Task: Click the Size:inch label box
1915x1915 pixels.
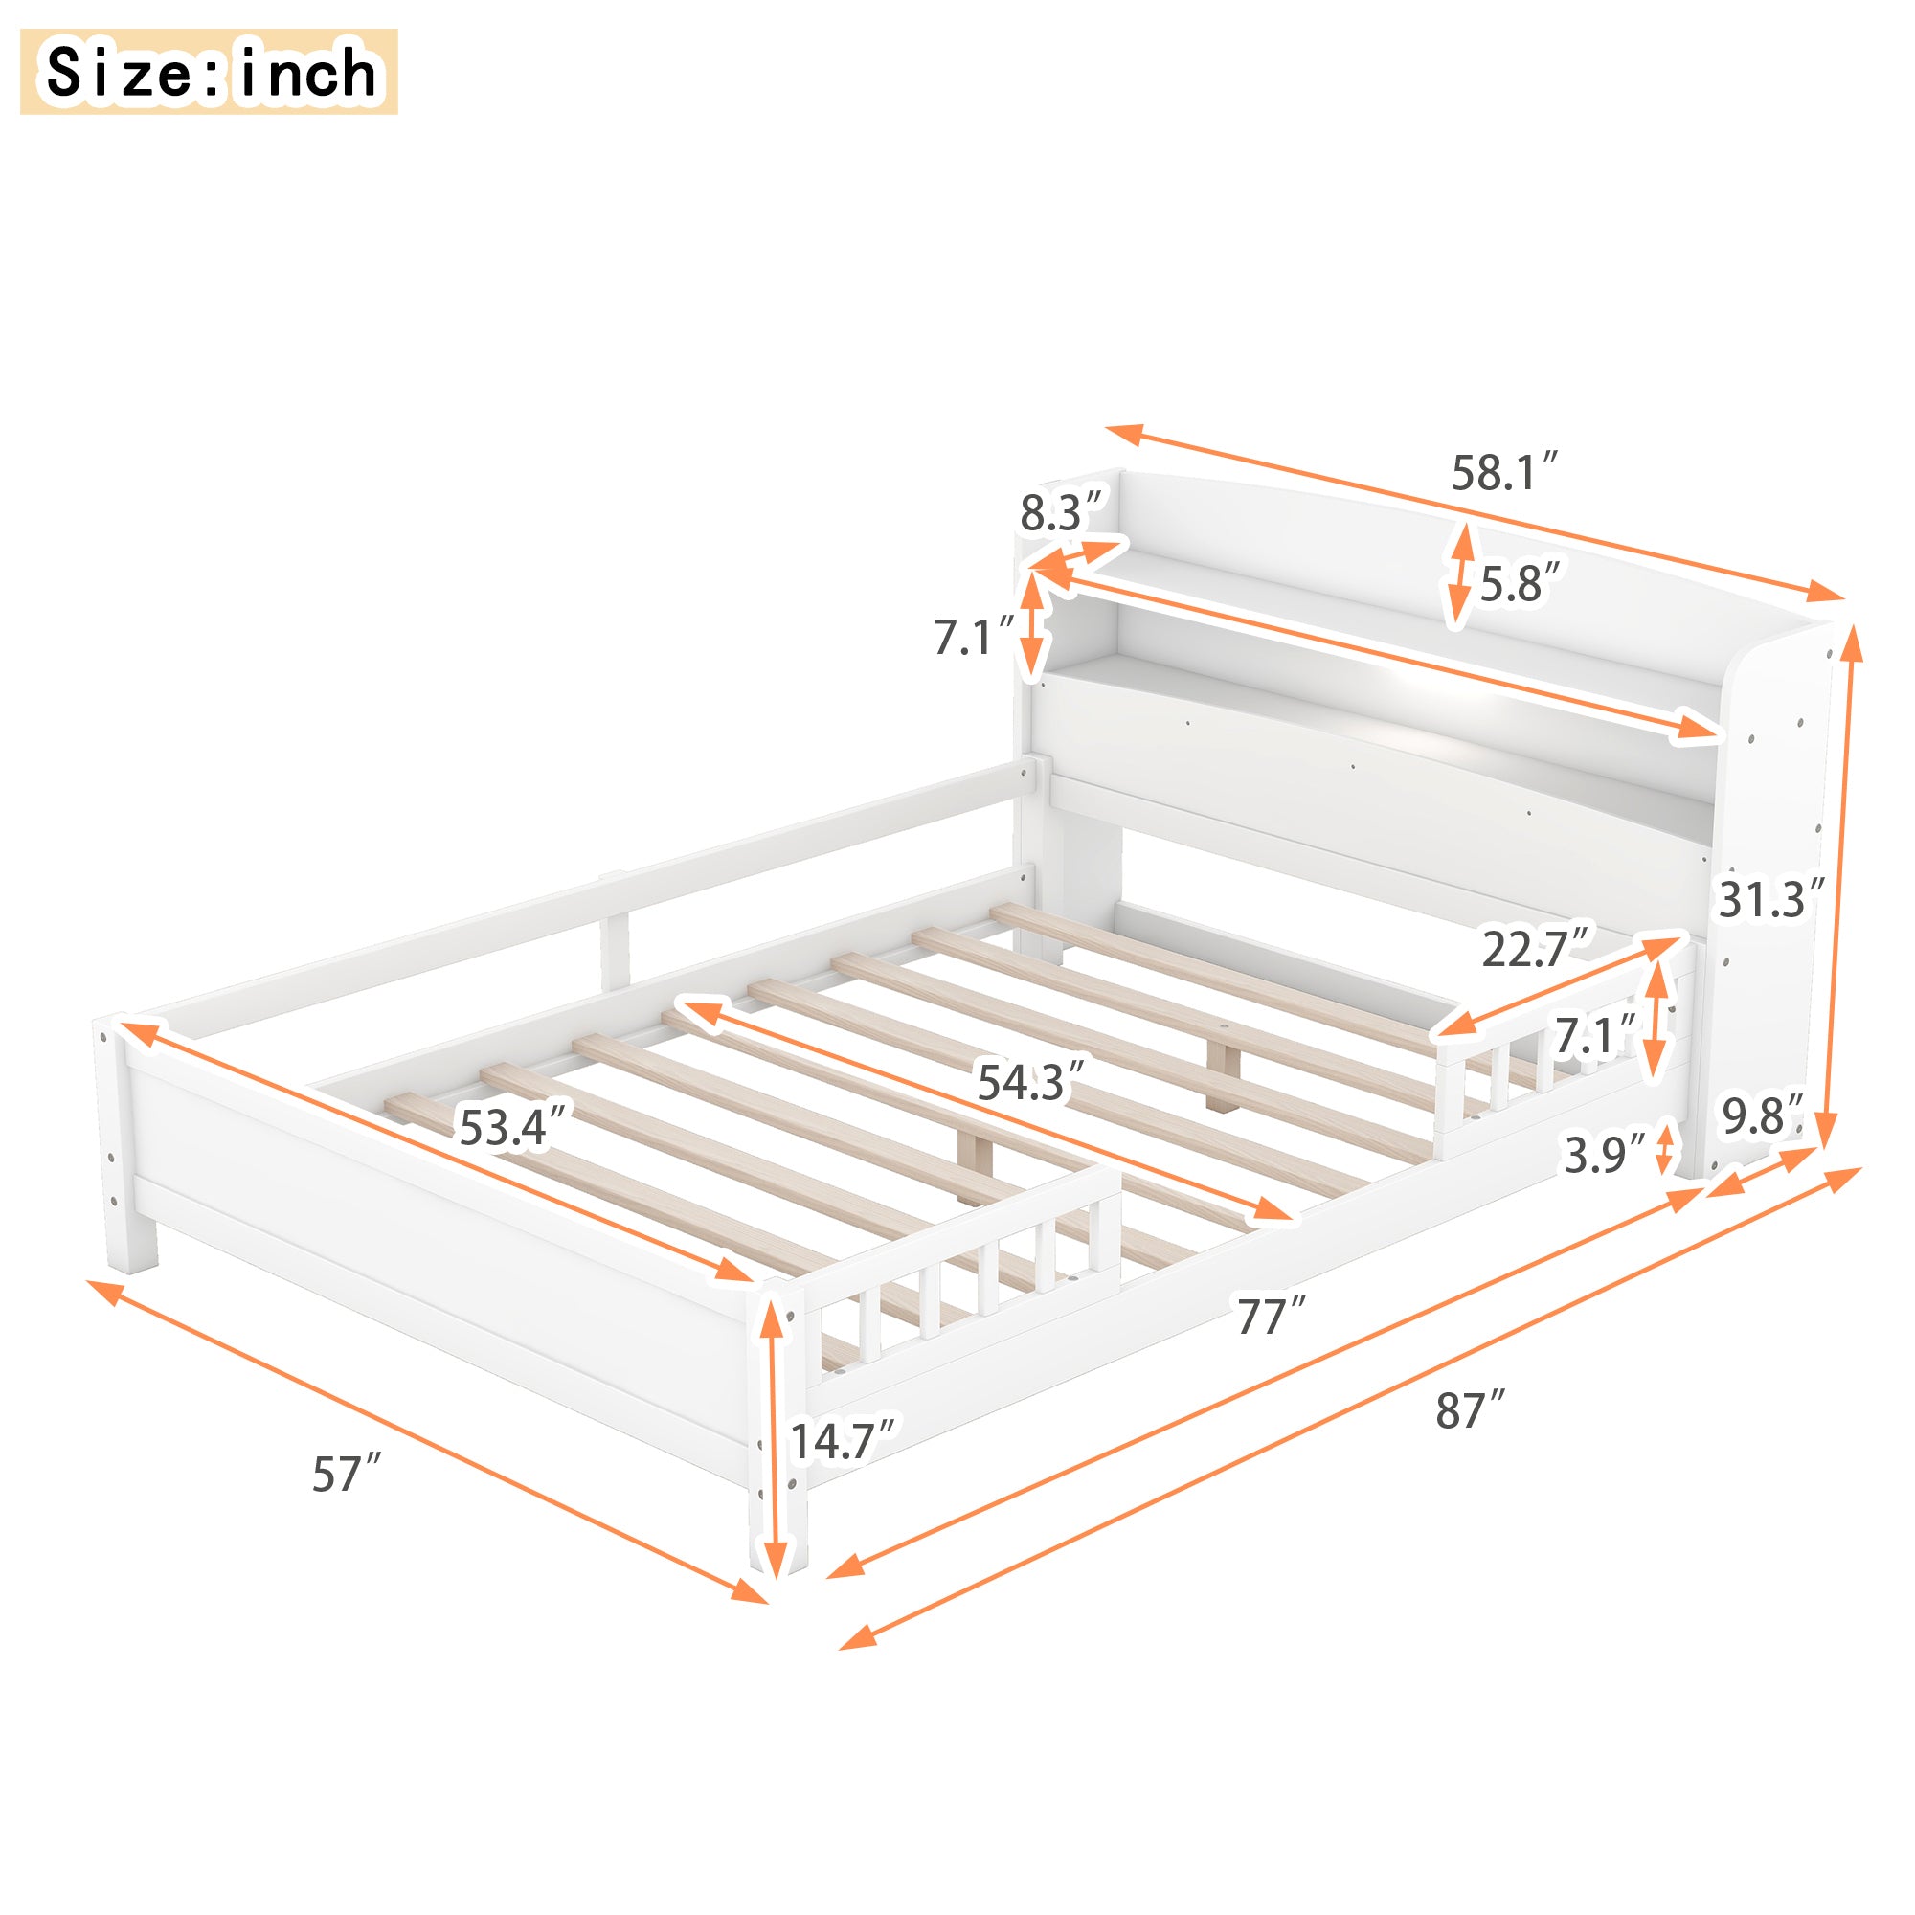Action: (x=208, y=72)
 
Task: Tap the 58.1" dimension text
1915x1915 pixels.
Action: (x=1504, y=473)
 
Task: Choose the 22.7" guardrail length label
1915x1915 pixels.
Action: (x=1534, y=949)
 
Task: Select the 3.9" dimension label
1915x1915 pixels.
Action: (x=1604, y=1155)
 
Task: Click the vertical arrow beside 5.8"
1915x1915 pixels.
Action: (x=1459, y=574)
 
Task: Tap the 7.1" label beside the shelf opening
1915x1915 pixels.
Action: (x=975, y=637)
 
